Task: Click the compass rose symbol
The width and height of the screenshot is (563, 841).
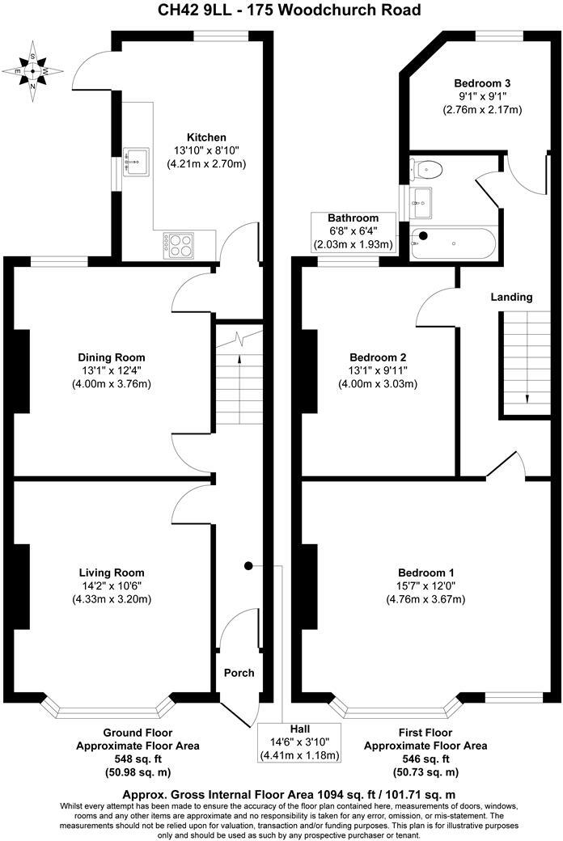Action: pos(32,71)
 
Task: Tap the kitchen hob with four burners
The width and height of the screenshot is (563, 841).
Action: pos(180,244)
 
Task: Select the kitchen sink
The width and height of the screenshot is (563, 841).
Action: pos(135,162)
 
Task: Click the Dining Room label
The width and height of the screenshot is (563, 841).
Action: pos(112,357)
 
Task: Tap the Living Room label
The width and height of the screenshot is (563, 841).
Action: pos(112,572)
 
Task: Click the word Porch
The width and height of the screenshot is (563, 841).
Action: pos(239,673)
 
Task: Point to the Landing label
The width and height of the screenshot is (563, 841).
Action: pos(512,297)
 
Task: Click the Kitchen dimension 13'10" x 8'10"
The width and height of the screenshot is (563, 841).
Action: pos(206,150)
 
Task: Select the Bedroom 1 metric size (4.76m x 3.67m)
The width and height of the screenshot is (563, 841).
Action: pos(425,599)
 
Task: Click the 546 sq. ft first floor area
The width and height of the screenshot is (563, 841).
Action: pos(425,759)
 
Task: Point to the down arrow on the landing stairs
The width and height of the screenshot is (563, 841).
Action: pos(527,398)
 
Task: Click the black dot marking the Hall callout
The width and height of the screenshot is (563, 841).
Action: pos(248,565)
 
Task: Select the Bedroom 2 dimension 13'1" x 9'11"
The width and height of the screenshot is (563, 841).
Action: pos(378,370)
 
